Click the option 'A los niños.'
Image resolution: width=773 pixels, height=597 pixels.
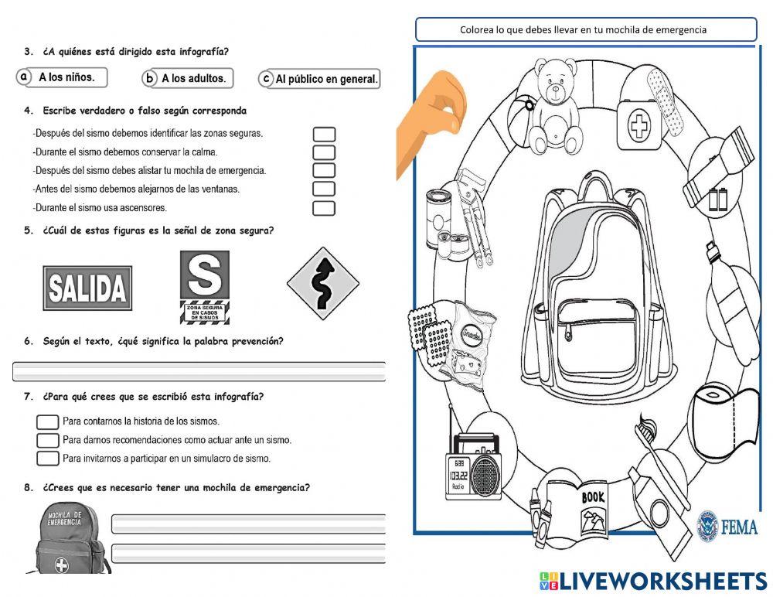(62, 77)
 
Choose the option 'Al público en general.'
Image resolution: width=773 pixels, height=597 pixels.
(320, 79)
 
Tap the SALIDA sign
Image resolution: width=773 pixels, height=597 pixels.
(87, 288)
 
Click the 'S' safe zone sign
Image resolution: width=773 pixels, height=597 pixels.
(204, 285)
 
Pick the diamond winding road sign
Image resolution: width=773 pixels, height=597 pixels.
(323, 284)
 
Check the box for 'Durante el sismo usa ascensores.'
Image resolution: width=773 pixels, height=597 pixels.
(324, 208)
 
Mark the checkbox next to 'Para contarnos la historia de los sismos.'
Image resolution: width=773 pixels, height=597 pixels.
(48, 421)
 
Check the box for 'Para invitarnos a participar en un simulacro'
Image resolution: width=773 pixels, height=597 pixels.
(48, 459)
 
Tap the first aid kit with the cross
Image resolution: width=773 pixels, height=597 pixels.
(641, 117)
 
